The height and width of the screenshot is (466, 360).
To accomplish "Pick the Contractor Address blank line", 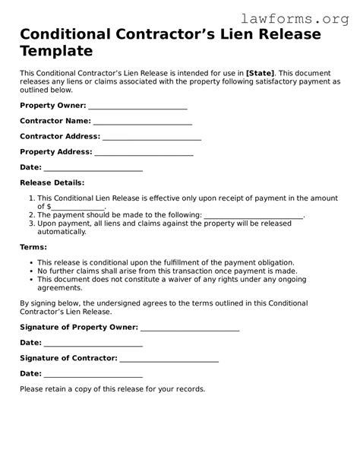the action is tap(151, 137).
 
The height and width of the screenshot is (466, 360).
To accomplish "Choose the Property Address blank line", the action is tap(144, 152).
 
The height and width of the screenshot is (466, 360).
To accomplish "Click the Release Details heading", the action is tap(52, 182).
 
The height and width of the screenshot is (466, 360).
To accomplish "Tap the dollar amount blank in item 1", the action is tap(77, 207).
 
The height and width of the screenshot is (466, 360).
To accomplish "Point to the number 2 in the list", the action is tap(30, 215).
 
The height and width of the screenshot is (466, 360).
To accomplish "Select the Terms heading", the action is tap(33, 247).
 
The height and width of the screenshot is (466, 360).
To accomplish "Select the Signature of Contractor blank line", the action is tap(169, 358).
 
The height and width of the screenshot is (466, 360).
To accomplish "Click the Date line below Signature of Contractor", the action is tap(93, 374).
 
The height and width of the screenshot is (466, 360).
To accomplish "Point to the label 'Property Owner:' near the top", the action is tap(53, 106).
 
